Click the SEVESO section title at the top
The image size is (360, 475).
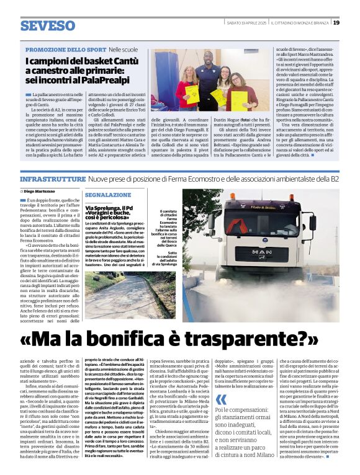[x=48, y=26]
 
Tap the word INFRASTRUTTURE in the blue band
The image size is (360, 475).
[x=52, y=179]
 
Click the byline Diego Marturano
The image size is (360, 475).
[x=40, y=192]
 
